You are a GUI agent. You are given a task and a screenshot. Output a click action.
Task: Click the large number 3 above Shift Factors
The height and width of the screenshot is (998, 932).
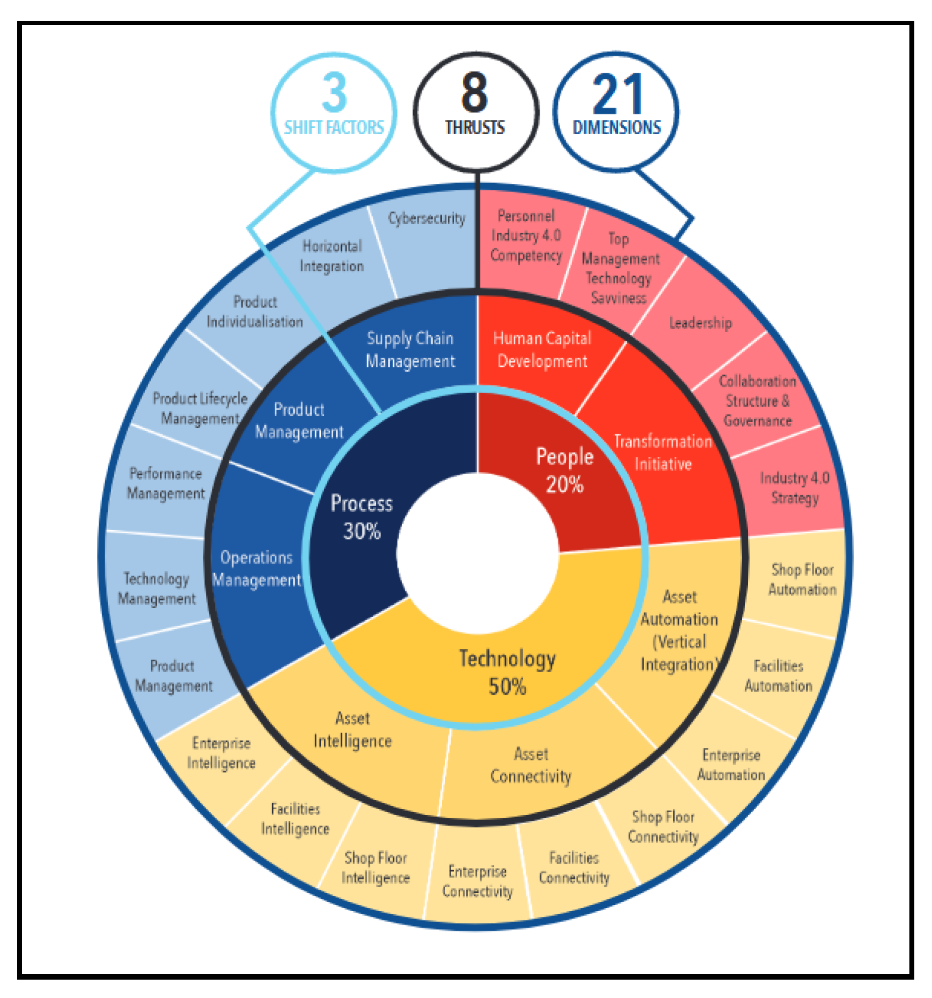click(x=334, y=93)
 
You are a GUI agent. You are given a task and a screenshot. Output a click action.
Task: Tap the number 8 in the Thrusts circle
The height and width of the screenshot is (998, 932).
click(x=475, y=93)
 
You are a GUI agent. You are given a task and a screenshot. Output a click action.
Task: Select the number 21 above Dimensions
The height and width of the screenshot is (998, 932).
click(x=617, y=94)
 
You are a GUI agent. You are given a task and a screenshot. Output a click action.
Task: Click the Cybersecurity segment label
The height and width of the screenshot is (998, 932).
click(x=427, y=218)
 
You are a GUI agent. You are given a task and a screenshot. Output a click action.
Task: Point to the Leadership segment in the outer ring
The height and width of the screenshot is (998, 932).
click(x=700, y=323)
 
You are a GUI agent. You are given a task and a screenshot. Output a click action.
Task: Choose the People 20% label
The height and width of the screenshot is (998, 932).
click(x=565, y=470)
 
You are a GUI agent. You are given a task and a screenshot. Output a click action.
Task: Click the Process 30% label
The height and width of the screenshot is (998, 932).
click(x=362, y=517)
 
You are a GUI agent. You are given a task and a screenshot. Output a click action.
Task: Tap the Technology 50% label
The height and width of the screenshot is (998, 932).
click(x=507, y=672)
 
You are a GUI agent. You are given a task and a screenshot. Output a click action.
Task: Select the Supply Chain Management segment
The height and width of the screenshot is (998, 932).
click(x=410, y=350)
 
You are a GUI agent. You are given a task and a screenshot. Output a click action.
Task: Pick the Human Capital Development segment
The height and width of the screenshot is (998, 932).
click(x=542, y=350)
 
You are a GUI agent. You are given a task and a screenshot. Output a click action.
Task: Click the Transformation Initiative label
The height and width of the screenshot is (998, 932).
click(x=663, y=453)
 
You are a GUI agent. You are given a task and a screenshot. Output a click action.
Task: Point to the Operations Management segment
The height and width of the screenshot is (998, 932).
click(x=257, y=569)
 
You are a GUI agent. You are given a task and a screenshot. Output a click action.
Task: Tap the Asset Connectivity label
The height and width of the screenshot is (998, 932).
click(x=530, y=765)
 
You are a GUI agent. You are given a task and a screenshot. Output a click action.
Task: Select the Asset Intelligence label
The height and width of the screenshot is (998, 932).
click(x=353, y=730)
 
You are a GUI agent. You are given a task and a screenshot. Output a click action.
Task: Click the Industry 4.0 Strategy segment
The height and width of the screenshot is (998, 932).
click(x=794, y=487)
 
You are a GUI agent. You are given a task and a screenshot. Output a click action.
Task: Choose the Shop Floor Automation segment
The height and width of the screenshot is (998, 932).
click(x=802, y=580)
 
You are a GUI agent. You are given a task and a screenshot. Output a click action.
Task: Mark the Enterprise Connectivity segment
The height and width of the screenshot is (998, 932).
click(x=477, y=881)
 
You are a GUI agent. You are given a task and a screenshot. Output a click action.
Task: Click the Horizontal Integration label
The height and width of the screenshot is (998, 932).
click(x=332, y=256)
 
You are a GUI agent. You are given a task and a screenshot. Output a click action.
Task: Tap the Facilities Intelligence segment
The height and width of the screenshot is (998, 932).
click(x=295, y=819)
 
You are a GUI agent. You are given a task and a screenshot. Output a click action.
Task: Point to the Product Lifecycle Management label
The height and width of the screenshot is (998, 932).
click(x=200, y=408)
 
